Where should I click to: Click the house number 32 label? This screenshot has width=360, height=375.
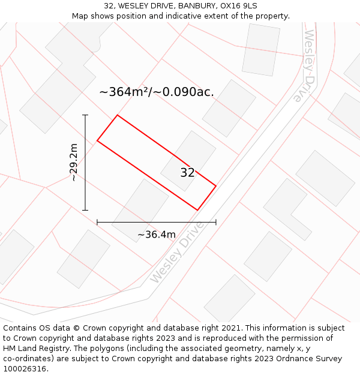[x=187, y=173]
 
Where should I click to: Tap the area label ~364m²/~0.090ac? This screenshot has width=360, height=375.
[x=156, y=92]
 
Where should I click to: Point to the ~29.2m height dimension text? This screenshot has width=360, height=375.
[x=73, y=162]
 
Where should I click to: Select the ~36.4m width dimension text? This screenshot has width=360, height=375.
[x=157, y=235]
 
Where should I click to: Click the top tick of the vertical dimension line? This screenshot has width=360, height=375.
[x=85, y=115]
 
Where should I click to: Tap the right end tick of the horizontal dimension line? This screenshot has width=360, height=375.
[x=216, y=222]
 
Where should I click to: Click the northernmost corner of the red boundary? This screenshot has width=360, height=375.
[x=117, y=115]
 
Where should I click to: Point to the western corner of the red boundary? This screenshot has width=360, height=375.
[x=97, y=141]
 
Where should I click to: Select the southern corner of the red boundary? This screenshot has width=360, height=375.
[x=197, y=210]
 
